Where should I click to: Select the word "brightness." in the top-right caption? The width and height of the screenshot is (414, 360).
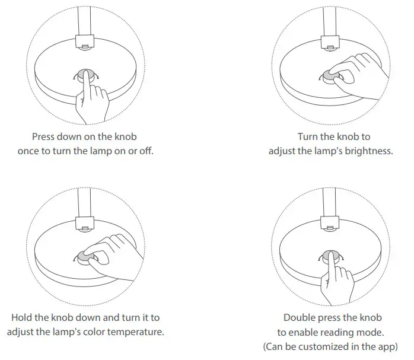coord(368,151)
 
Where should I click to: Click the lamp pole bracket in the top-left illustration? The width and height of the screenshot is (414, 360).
coord(85,43)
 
